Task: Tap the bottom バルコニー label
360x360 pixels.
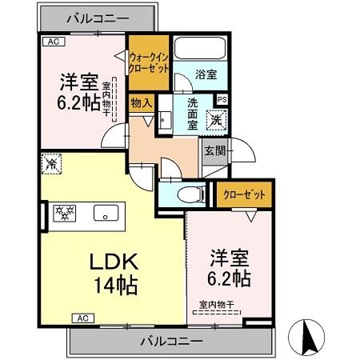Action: click(171, 341)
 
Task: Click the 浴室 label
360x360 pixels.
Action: click(206, 74)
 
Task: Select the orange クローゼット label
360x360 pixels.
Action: click(245, 194)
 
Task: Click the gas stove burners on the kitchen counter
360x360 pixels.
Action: click(64, 213)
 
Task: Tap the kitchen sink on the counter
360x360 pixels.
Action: click(105, 214)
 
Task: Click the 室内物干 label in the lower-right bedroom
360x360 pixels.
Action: click(216, 304)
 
